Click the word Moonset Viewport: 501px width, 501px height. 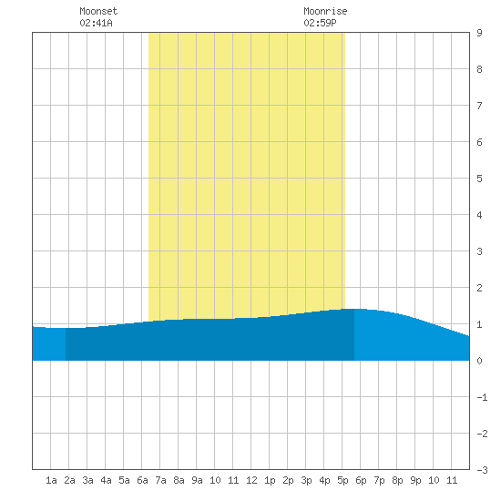click(98, 11)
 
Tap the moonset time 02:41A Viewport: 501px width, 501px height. click(96, 23)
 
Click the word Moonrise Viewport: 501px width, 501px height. click(325, 11)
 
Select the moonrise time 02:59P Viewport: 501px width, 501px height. click(320, 23)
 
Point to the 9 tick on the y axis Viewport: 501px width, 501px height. click(479, 33)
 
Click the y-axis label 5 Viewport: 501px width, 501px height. click(479, 179)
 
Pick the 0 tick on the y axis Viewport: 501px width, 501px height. click(479, 361)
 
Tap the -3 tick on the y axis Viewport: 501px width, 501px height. click(482, 470)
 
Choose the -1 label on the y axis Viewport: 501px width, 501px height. click(482, 397)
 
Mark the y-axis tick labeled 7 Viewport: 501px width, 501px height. click(479, 106)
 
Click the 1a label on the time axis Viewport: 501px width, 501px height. click(51, 480)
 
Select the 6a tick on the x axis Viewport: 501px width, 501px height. click(142, 480)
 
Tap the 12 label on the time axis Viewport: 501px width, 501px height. click(251, 480)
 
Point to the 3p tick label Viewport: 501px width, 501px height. click(306, 480)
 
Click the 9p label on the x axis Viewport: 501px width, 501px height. click(415, 480)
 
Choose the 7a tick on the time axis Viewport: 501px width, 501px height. click(160, 480)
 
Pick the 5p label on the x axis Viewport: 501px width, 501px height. click(343, 480)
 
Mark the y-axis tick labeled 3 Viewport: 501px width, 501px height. click(479, 251)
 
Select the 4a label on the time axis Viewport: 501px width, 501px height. click(106, 480)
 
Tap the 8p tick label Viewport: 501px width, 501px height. click(397, 480)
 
